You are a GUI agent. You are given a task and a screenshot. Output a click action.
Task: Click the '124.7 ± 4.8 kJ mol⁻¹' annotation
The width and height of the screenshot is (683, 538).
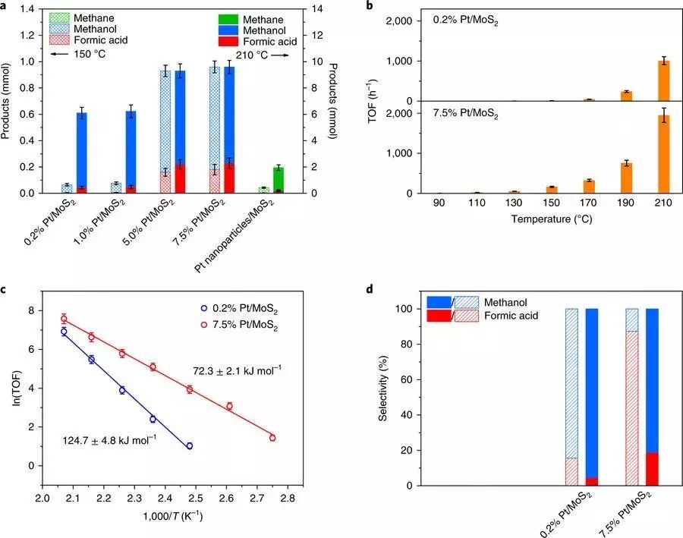(109, 439)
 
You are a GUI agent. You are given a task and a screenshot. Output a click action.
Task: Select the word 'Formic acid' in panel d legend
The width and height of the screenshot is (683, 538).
(513, 315)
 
